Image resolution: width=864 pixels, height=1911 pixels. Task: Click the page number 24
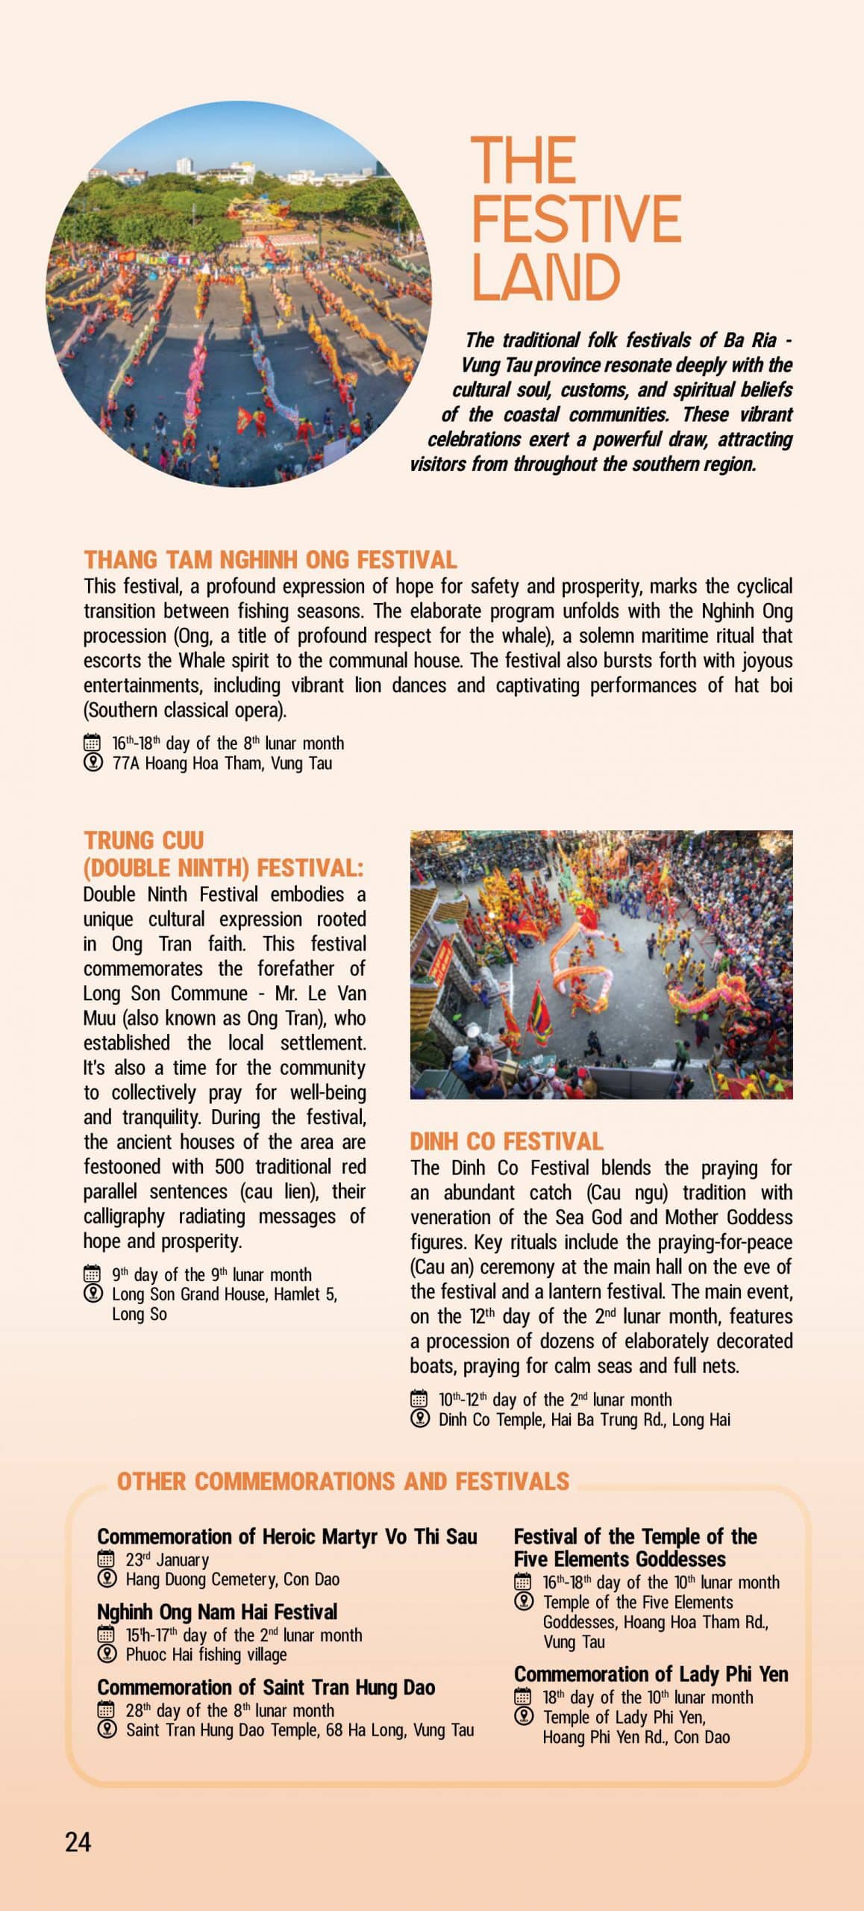(78, 1842)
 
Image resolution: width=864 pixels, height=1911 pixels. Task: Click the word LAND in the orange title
(545, 278)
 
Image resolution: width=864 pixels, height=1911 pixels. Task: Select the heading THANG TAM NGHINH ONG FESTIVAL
(270, 560)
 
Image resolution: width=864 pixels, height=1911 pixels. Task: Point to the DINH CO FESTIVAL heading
(506, 1141)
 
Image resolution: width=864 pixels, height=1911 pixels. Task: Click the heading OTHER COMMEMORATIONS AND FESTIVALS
(343, 1481)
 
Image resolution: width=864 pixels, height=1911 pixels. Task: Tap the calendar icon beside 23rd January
(107, 1559)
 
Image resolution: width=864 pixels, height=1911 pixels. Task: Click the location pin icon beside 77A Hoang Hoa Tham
(93, 763)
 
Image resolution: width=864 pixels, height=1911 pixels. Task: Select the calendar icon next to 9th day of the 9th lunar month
(93, 1274)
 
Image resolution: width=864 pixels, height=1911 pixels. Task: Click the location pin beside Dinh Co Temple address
(419, 1419)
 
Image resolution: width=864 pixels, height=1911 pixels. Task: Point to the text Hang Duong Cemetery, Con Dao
(232, 1579)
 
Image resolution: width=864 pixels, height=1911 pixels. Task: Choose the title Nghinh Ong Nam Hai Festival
(217, 1612)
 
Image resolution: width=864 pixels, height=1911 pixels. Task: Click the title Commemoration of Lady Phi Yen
(651, 1674)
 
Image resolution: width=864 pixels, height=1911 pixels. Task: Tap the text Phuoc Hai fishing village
(206, 1654)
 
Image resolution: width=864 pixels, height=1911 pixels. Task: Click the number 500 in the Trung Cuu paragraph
(230, 1167)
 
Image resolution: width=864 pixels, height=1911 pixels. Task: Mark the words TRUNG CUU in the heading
(143, 841)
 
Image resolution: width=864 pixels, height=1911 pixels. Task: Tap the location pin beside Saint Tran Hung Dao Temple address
(107, 1730)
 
